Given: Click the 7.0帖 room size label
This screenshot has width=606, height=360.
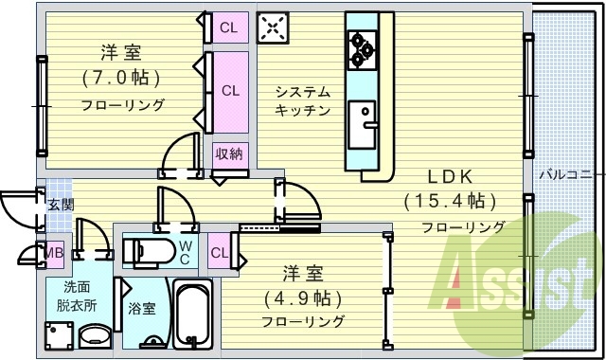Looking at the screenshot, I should click(x=120, y=77).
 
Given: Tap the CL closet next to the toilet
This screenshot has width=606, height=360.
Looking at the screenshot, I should click(x=219, y=252).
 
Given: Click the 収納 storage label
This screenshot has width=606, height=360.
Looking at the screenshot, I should click(x=228, y=153).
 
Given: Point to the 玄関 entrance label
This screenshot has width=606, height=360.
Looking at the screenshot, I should click(x=60, y=204).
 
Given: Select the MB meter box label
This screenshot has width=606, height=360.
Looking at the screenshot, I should click(x=54, y=252).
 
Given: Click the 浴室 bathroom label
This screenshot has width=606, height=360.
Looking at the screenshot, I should click(x=142, y=308).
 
